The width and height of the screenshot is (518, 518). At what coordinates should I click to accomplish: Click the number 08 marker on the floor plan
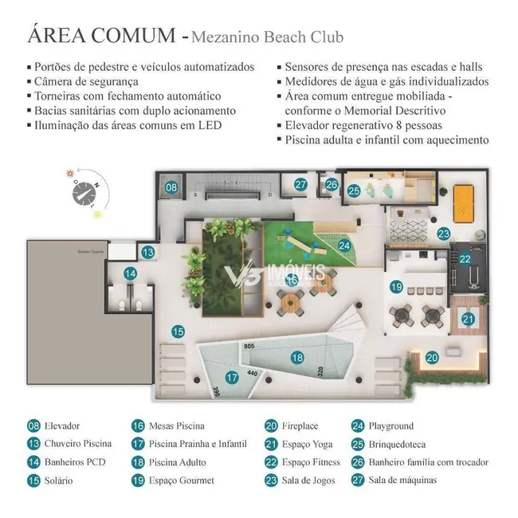coord(171,188)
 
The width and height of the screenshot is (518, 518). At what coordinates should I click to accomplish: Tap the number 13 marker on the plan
coord(147,252)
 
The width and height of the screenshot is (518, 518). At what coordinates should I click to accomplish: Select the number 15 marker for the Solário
coord(178,331)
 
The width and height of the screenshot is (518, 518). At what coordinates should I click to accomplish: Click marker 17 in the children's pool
coord(232,377)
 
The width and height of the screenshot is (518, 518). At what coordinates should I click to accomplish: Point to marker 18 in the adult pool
coord(297,358)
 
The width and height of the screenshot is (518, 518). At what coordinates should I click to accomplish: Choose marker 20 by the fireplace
coord(430,358)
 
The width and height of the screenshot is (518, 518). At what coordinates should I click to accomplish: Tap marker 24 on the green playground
coord(344,245)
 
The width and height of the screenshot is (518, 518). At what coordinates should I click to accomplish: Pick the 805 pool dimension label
coord(249,346)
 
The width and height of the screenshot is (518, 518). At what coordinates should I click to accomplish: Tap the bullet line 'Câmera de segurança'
coord(88,81)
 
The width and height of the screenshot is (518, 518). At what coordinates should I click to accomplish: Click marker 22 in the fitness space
coord(465,259)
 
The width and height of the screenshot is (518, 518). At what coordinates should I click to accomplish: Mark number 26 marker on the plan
coord(332,185)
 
